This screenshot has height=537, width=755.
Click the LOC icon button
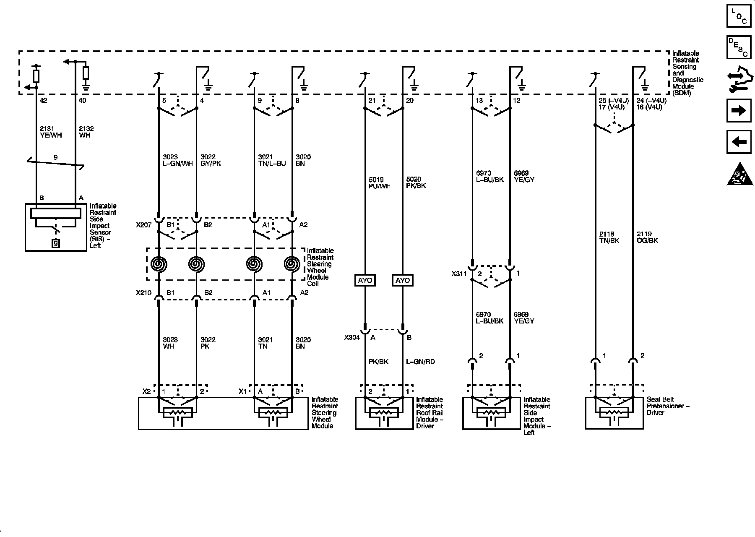pyautogui.click(x=739, y=16)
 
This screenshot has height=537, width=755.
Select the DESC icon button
pyautogui.click(x=739, y=47)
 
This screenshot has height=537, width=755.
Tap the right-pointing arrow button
pyautogui.click(x=739, y=110)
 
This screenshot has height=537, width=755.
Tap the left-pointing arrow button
pyautogui.click(x=739, y=142)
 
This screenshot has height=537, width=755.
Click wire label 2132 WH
pyautogui.click(x=86, y=132)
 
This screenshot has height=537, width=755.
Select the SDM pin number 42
pyautogui.click(x=44, y=101)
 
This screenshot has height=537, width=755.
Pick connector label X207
pyautogui.click(x=143, y=225)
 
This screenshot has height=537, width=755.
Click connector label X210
pyautogui.click(x=143, y=292)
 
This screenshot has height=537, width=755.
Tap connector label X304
pyautogui.click(x=351, y=337)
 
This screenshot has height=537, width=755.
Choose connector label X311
pyautogui.click(x=459, y=274)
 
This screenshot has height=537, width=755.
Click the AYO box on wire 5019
pyautogui.click(x=365, y=280)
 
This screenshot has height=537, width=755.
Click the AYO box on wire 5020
pyautogui.click(x=403, y=280)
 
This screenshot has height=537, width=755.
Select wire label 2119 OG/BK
pyautogui.click(x=647, y=237)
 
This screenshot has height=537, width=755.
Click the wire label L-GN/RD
pyautogui.click(x=420, y=362)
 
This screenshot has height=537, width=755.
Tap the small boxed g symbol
pyautogui.click(x=55, y=242)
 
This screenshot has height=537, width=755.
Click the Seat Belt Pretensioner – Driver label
pyautogui.click(x=668, y=406)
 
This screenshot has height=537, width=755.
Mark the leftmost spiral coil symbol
pyautogui.click(x=159, y=264)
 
